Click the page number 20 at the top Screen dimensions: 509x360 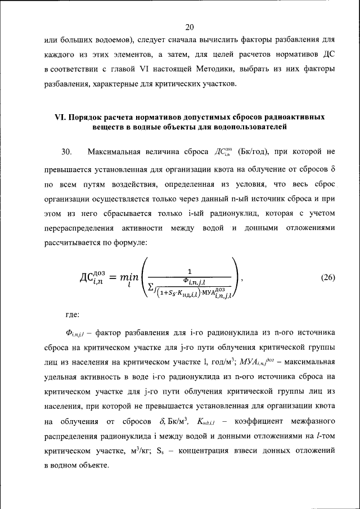pyautogui.click(x=189, y=26)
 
